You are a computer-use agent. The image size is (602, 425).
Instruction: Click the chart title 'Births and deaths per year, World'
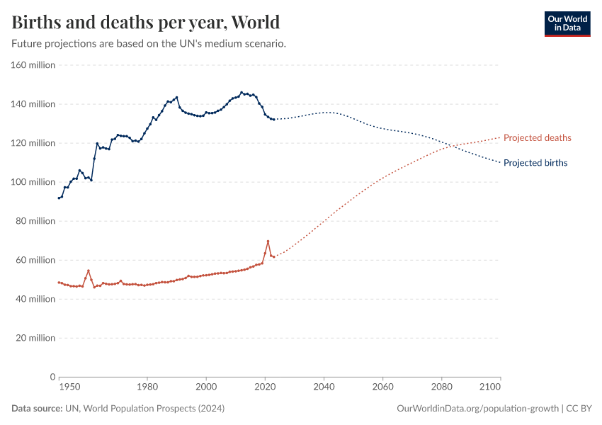[x=145, y=22]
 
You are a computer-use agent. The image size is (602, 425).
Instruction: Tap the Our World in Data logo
[x=567, y=23]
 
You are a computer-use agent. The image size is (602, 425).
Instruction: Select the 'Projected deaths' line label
[x=537, y=137]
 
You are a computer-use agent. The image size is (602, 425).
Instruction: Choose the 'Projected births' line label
[x=535, y=163]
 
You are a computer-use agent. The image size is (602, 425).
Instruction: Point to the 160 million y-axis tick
[x=33, y=65]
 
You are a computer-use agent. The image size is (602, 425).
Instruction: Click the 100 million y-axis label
[x=33, y=182]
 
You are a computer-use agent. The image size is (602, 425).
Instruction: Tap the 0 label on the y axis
[x=52, y=377]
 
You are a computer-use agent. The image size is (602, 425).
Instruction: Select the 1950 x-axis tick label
[x=69, y=387]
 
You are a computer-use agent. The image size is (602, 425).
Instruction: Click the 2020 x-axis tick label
[x=265, y=387]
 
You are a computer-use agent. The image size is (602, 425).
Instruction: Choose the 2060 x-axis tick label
[x=382, y=387]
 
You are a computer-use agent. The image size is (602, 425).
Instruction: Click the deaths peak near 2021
[x=268, y=241]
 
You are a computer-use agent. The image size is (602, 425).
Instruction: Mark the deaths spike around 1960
[x=88, y=271]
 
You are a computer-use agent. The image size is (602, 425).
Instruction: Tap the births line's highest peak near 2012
[x=242, y=92]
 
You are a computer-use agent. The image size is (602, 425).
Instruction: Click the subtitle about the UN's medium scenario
[x=149, y=43]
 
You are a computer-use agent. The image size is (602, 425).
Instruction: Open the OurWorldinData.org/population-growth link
[x=479, y=409]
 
